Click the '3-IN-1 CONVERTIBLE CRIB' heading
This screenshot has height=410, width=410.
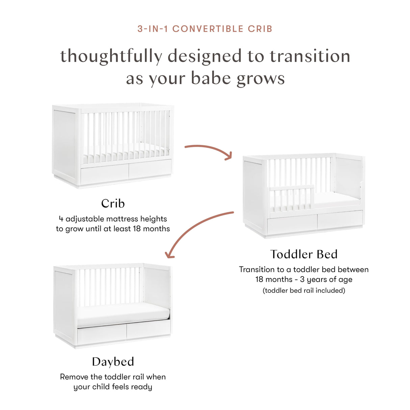click(x=205, y=29)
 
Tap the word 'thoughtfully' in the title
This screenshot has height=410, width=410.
click(x=111, y=56)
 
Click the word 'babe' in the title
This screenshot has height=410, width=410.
click(x=211, y=78)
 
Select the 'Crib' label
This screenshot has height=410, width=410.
click(x=113, y=203)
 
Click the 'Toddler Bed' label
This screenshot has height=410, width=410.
click(x=304, y=254)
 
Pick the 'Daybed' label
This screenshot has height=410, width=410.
click(x=113, y=362)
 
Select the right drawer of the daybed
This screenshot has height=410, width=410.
click(x=148, y=329)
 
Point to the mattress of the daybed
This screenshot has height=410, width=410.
click(x=123, y=313)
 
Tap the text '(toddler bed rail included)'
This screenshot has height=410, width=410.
click(x=304, y=290)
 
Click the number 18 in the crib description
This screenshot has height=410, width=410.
click(x=137, y=229)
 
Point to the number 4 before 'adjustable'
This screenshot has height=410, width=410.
click(x=61, y=219)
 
